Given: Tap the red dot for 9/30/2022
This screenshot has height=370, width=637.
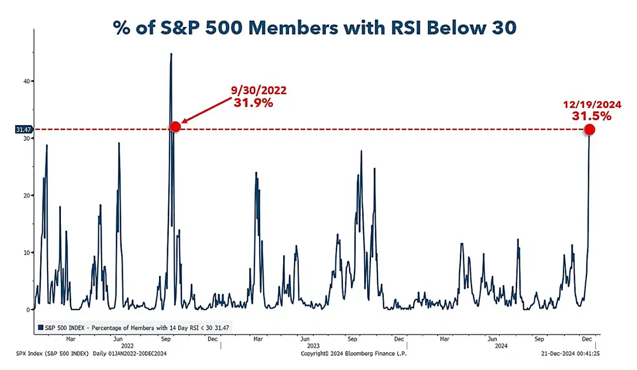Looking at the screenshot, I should click(175, 126).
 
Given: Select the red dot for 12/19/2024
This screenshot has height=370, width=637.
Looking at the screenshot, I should click(589, 130).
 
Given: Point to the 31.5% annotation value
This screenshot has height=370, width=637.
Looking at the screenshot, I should click(591, 115).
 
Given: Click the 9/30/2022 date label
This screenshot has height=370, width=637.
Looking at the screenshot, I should click(258, 90).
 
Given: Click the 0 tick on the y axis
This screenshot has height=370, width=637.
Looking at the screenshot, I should click(27, 310).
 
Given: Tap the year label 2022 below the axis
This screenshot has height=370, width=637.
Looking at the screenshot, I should click(127, 346).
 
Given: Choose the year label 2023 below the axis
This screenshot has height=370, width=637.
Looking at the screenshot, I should click(313, 346).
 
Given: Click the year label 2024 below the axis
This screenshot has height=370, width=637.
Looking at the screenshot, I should click(501, 346).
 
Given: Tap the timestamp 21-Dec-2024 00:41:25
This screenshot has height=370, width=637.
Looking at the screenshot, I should click(570, 353).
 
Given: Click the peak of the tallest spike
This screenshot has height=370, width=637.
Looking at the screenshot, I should click(171, 54).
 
